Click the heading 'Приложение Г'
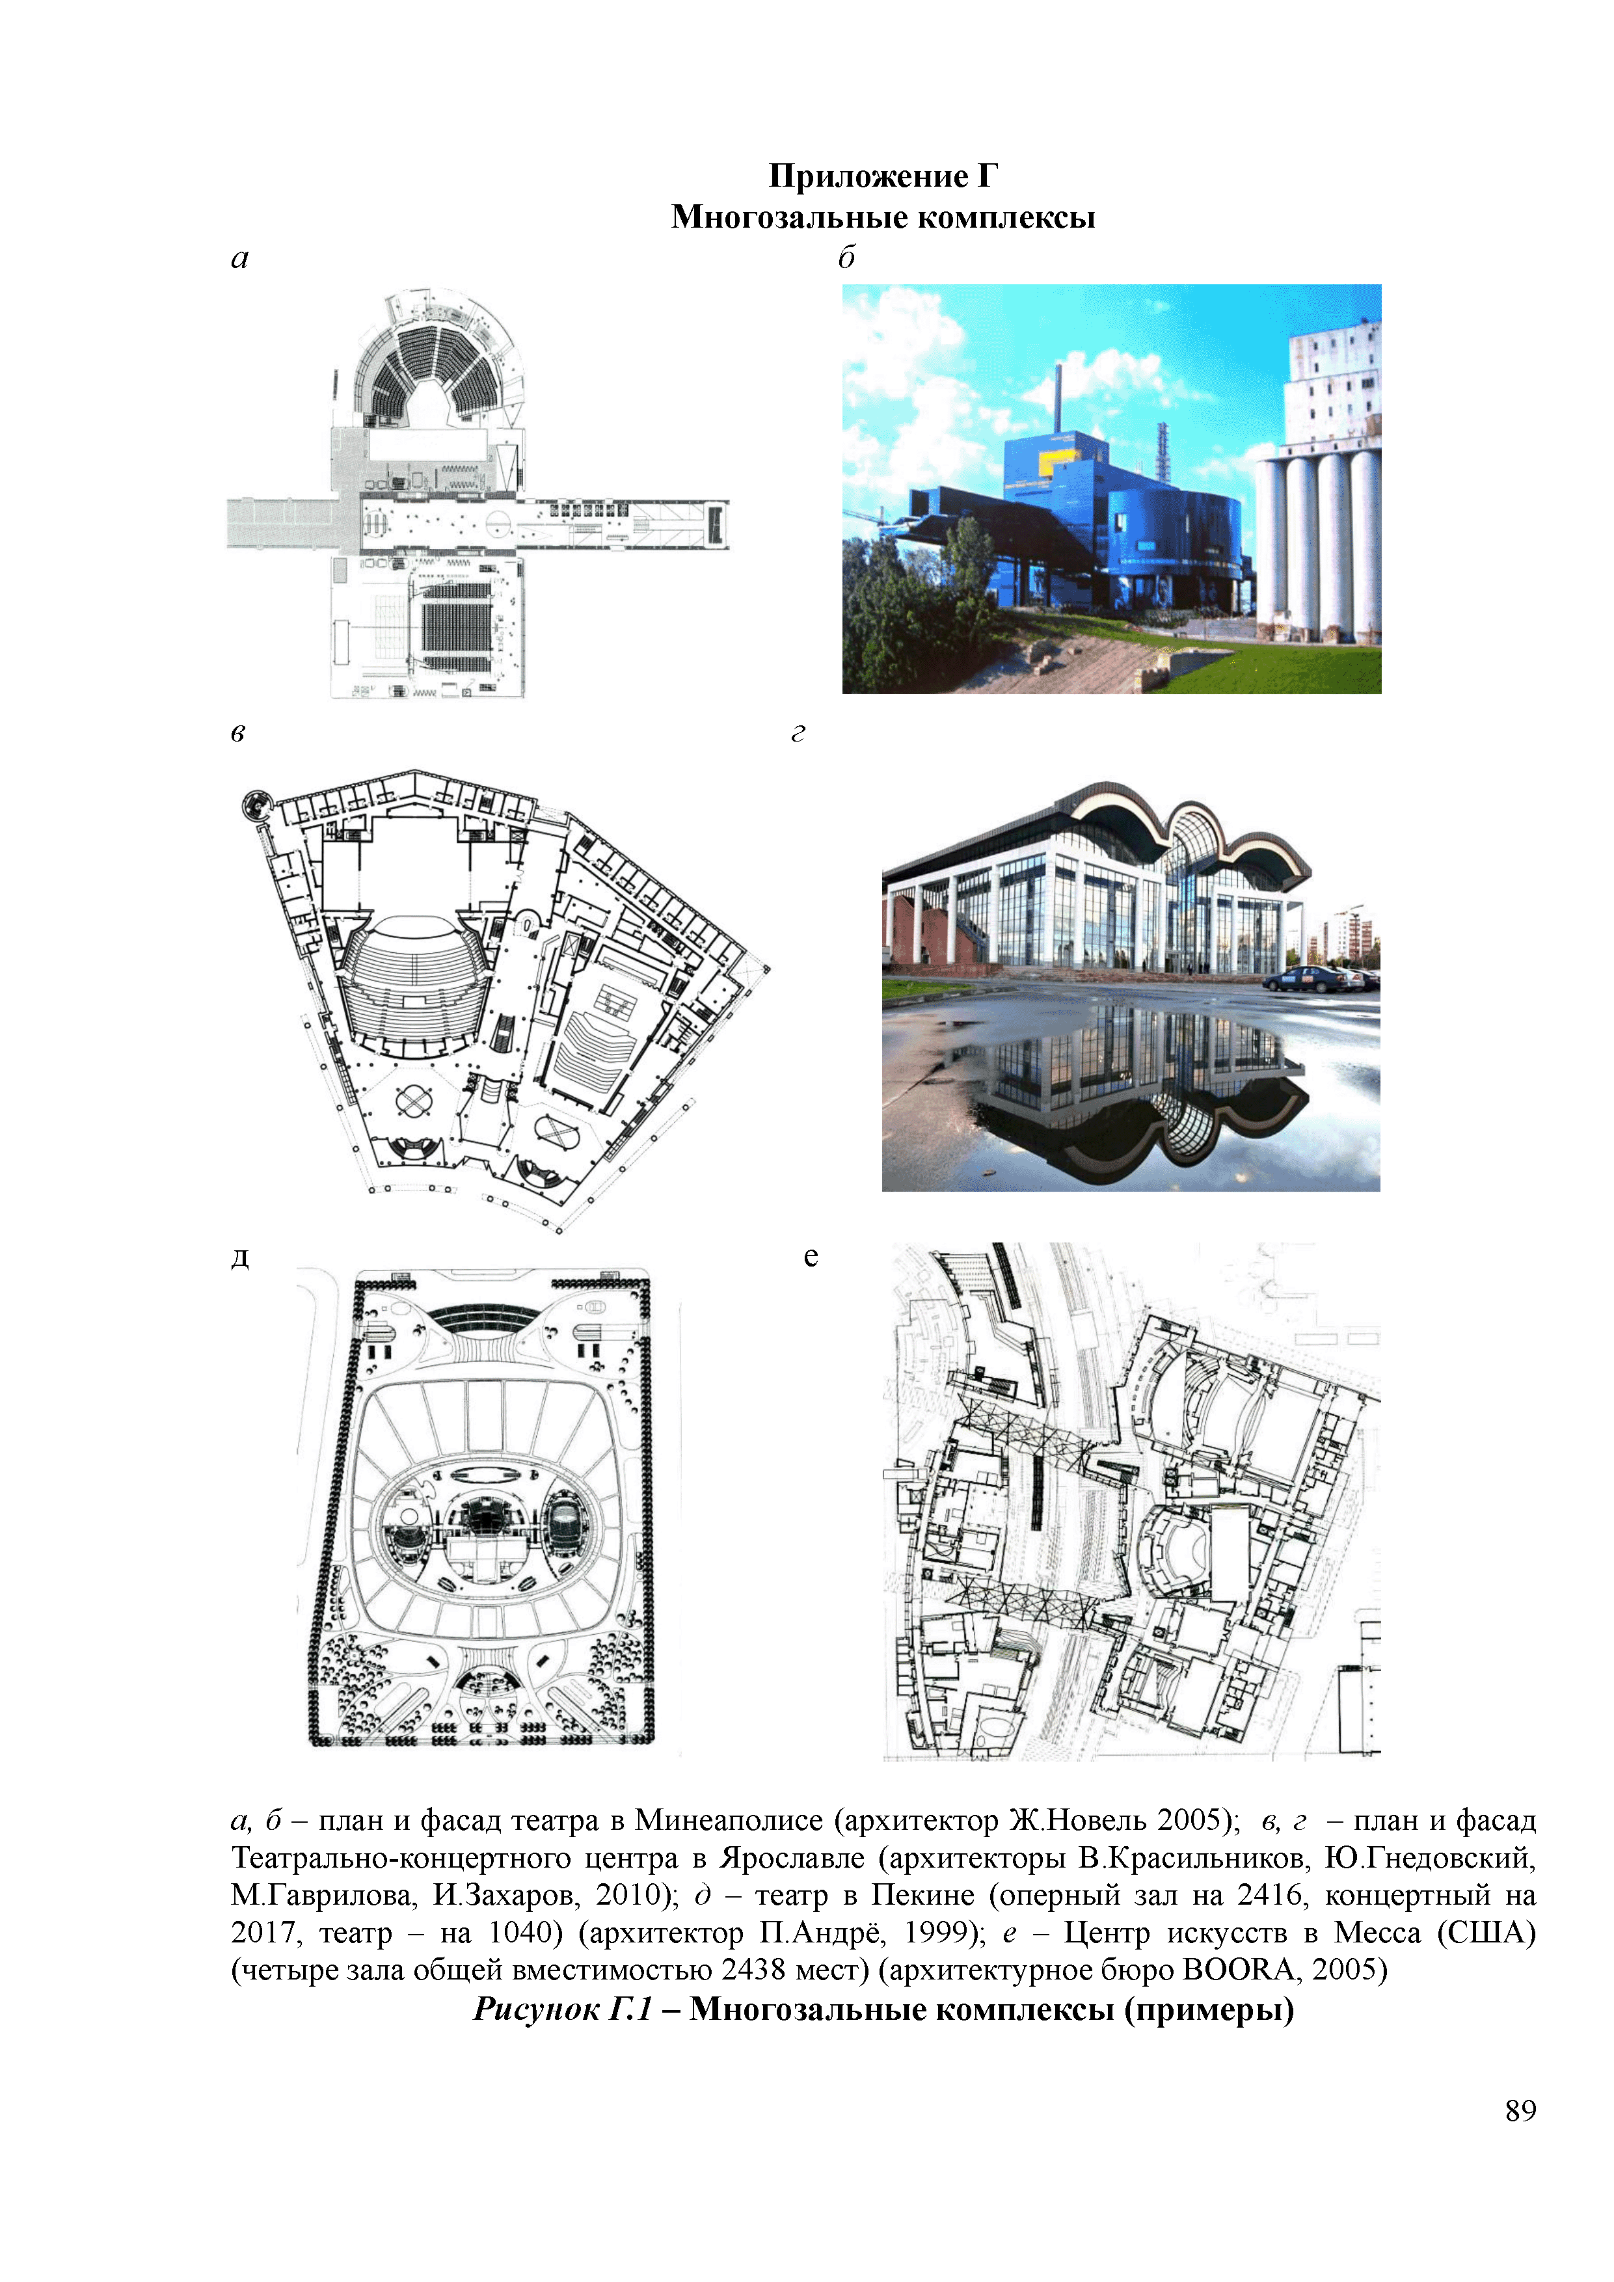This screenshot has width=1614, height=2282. (883, 176)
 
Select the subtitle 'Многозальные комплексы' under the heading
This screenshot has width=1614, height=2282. (883, 217)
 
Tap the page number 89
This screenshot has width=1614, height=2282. (1520, 2110)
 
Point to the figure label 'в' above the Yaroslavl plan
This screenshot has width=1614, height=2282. (237, 734)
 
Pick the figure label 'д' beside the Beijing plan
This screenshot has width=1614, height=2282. (239, 1257)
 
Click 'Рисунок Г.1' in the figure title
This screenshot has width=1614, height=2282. (563, 2009)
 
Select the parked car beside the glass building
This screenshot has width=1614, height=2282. (1308, 979)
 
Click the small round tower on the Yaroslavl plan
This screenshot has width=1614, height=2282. (256, 804)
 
